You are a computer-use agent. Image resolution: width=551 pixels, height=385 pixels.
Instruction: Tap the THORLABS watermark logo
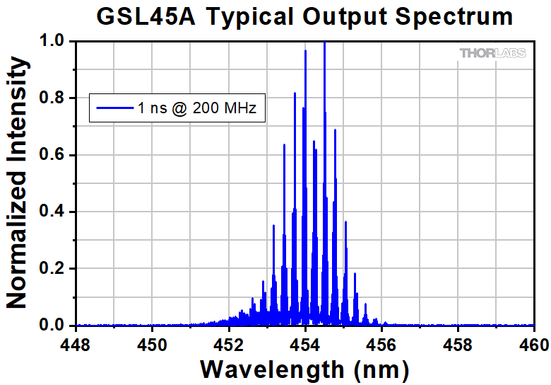point(493,53)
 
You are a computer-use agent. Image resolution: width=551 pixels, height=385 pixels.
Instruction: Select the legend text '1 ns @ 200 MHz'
point(199,109)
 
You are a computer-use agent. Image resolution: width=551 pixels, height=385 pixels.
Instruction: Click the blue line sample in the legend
point(113,109)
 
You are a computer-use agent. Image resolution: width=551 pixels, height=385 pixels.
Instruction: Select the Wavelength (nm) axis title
point(304,369)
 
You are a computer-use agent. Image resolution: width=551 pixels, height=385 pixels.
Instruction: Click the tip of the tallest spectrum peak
point(324,42)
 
